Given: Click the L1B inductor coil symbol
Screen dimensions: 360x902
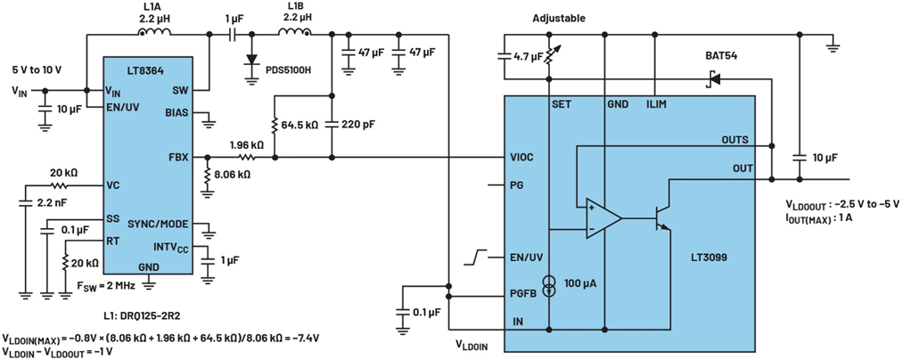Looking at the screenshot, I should point(295,34).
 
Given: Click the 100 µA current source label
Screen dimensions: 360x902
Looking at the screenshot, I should point(579,283).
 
